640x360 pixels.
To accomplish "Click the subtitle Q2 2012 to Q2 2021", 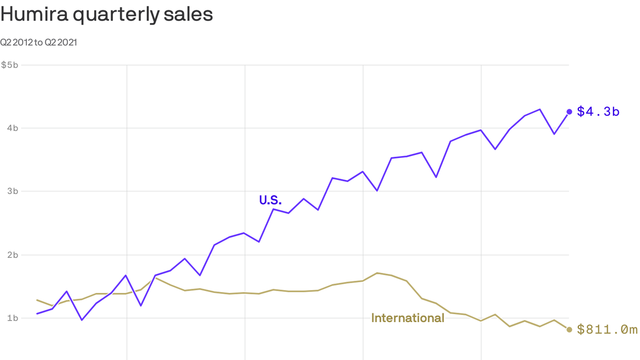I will coord(38,43).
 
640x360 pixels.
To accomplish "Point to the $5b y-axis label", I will coord(9,65).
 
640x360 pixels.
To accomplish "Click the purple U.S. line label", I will coord(270,201).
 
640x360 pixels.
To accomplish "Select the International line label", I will coord(408,318).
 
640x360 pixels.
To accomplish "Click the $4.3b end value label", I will coord(598,112).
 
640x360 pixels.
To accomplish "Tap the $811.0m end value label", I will coord(607,330).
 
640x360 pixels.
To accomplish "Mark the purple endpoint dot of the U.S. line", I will coord(569,112).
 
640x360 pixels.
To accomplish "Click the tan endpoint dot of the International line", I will coord(569,330).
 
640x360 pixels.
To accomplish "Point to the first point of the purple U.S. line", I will coord(37,314).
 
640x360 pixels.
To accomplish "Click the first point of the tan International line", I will coord(37,300).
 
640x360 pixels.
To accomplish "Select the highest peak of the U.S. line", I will coord(540,109).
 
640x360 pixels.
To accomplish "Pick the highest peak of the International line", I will coord(378,273).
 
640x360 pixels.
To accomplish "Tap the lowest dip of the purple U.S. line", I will coord(82,320).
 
